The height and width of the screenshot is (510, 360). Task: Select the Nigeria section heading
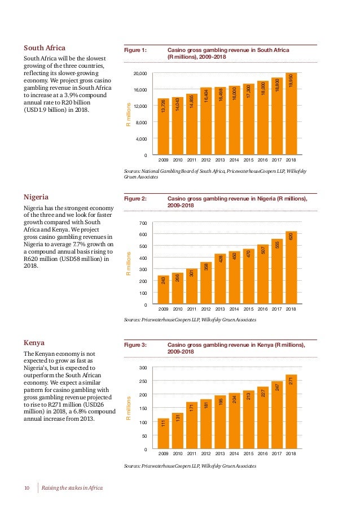(37, 197)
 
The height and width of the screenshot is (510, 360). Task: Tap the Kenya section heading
(34, 342)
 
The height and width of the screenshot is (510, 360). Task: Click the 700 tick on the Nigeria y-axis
(143, 223)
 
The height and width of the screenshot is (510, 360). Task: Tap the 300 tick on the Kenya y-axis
(143, 368)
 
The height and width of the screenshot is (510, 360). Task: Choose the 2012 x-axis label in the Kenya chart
(206, 454)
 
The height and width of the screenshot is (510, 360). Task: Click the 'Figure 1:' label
(135, 50)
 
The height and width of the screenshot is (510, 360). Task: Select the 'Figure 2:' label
(135, 199)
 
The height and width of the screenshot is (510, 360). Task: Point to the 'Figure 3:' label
(135, 345)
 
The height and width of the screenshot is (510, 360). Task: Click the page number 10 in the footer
(27, 487)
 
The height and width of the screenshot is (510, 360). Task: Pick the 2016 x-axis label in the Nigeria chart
(263, 310)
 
